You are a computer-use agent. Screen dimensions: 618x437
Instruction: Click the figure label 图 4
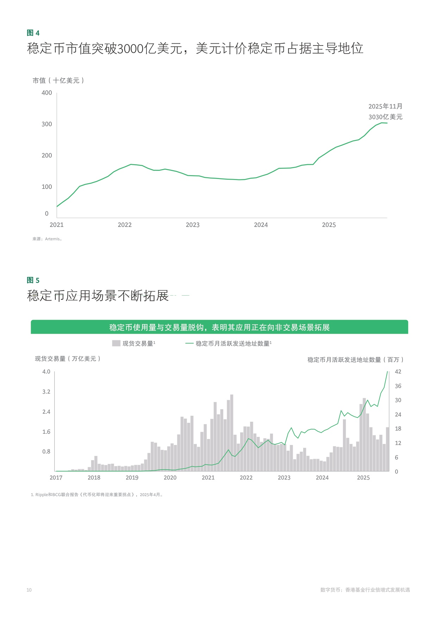pos(33,33)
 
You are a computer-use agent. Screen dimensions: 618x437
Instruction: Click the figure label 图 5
pos(33,280)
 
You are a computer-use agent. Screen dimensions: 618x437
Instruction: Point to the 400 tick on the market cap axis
pos(46,93)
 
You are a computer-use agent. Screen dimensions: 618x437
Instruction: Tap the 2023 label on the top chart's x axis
pos(193,225)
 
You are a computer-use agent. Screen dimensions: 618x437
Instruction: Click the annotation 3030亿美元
pos(385,117)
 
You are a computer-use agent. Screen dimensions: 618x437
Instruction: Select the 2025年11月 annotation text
pos(385,106)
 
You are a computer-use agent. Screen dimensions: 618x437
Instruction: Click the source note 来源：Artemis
pos(47,239)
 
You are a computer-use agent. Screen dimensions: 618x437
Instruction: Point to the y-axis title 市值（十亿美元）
pos(58,81)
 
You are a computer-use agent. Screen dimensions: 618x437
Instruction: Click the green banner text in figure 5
pos(219,328)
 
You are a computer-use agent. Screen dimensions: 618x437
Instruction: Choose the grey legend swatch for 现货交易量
pos(116,343)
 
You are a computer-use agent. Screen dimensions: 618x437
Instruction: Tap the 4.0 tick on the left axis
pos(46,372)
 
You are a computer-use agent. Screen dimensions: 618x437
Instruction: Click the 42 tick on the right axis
pos(398,372)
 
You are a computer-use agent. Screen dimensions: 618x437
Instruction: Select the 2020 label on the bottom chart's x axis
pos(170,478)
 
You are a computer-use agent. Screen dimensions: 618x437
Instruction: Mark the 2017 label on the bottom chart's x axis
pos(56,478)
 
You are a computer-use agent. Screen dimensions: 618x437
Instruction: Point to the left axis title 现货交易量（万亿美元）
pos(68,359)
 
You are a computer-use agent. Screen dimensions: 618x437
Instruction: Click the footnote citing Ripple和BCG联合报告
pos(97,495)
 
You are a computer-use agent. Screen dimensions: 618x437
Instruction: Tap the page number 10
pos(29,590)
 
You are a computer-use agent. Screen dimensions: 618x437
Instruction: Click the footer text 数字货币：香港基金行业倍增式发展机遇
pos(365,590)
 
